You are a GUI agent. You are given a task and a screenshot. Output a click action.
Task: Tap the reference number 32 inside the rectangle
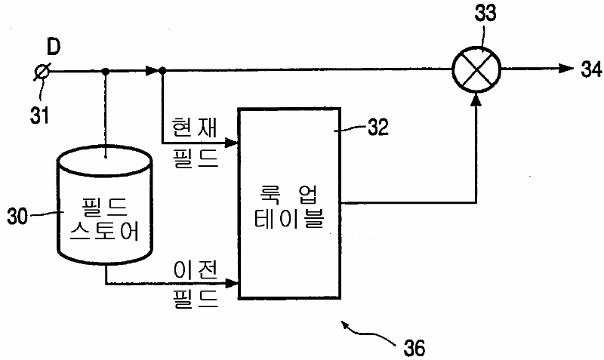click(x=375, y=126)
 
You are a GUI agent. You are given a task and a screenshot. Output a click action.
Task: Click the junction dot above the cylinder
click(x=106, y=71)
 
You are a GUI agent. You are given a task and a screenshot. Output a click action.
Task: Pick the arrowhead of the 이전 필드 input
click(x=234, y=284)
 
